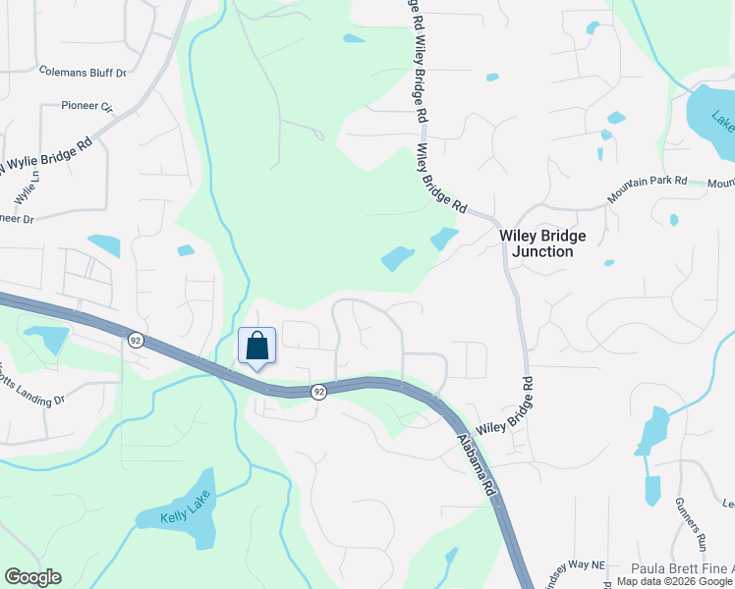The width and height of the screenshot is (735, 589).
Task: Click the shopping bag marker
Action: pyautogui.click(x=256, y=348)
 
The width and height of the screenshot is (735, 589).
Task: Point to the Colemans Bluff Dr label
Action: pyautogui.click(x=84, y=72)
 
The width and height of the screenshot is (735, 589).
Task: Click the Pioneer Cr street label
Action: pyautogui.click(x=87, y=105)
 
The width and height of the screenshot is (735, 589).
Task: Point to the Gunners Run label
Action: pyautogui.click(x=689, y=521)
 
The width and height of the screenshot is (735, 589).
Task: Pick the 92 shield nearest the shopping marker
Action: pyautogui.click(x=318, y=392)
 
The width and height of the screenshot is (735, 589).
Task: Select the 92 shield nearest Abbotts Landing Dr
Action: pyautogui.click(x=136, y=340)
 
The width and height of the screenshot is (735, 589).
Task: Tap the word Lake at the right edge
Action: pyautogui.click(x=723, y=124)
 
